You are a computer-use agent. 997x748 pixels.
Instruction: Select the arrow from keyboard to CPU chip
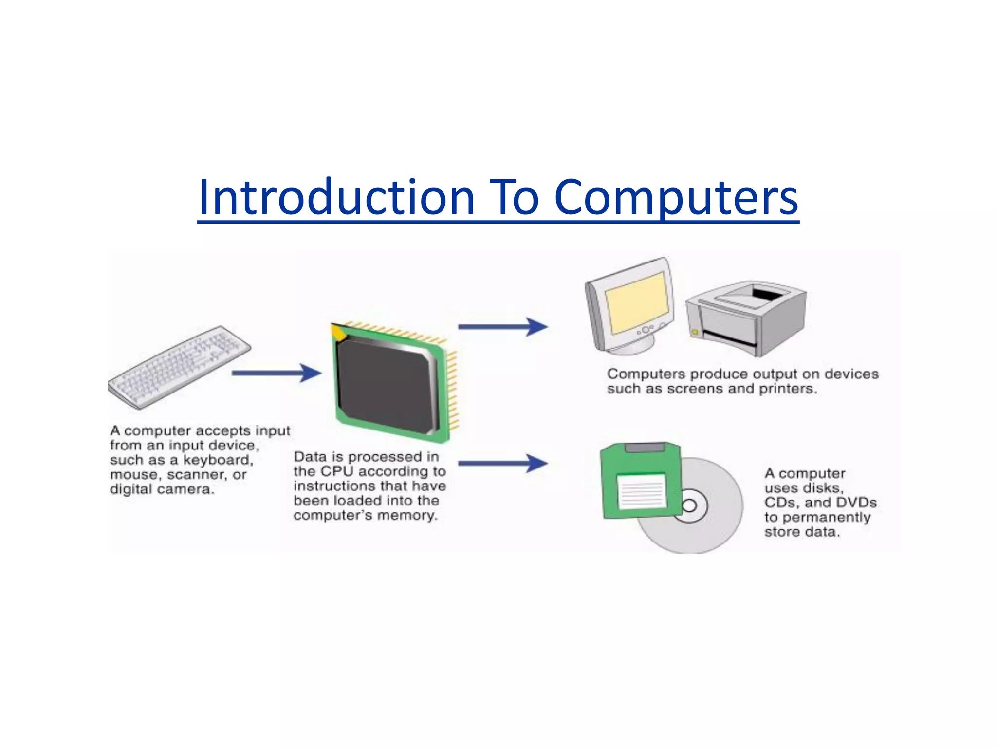coord(276,374)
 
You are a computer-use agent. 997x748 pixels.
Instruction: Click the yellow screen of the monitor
coord(637,302)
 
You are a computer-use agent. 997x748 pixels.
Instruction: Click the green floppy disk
coord(640,480)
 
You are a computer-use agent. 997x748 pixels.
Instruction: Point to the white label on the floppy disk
coord(642,491)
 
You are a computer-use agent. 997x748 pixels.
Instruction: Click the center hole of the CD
coord(689,505)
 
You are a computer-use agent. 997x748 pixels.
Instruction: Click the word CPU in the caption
coord(336,471)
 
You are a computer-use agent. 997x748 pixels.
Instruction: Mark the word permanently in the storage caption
coord(826,517)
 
